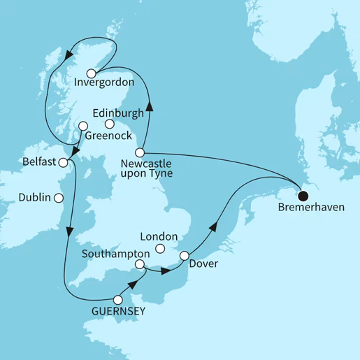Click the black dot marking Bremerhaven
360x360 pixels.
[x=304, y=196]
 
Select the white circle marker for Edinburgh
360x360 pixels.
[x=109, y=124]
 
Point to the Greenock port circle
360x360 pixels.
[x=83, y=127]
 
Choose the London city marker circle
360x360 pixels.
[x=160, y=249]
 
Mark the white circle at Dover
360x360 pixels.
[x=184, y=256]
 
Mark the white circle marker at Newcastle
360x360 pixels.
[x=140, y=152]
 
